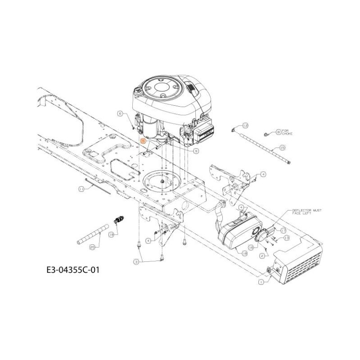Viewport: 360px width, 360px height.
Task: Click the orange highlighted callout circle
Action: [x=143, y=141]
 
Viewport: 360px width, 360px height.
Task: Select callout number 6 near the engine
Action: [x=120, y=114]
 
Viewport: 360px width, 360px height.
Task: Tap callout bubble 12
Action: [x=245, y=125]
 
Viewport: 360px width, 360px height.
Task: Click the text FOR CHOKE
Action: [x=287, y=132]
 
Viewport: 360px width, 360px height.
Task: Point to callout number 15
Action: [x=282, y=147]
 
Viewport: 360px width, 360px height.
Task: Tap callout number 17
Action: [x=283, y=230]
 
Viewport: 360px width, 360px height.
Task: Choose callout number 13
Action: [x=286, y=237]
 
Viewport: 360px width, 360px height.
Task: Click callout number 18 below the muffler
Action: [x=245, y=253]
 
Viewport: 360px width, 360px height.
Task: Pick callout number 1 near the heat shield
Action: [x=261, y=282]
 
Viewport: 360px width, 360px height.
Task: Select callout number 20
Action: [x=93, y=247]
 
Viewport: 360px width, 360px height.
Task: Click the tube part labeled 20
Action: [x=94, y=232]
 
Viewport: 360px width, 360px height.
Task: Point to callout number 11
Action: [x=81, y=189]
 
